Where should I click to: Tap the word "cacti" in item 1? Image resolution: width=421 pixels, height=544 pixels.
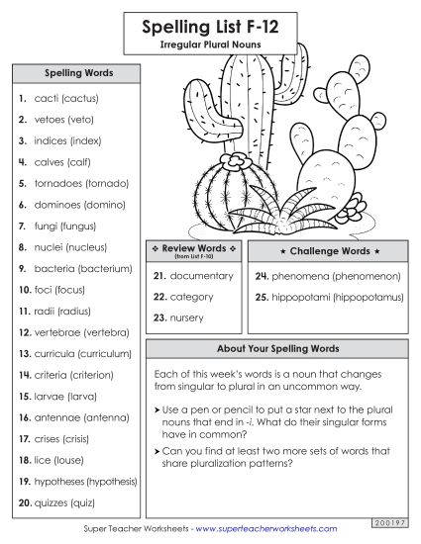coord(45,99)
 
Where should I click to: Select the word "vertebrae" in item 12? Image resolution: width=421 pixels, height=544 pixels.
coord(57,332)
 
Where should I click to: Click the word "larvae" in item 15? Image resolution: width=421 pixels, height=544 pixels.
coord(50,397)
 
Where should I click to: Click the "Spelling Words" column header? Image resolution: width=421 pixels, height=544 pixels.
coord(78,73)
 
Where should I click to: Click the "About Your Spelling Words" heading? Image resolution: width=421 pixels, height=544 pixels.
coord(278,349)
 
